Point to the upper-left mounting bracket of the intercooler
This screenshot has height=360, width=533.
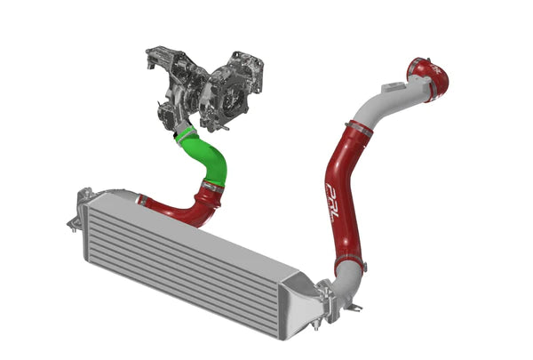tap(86, 196)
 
